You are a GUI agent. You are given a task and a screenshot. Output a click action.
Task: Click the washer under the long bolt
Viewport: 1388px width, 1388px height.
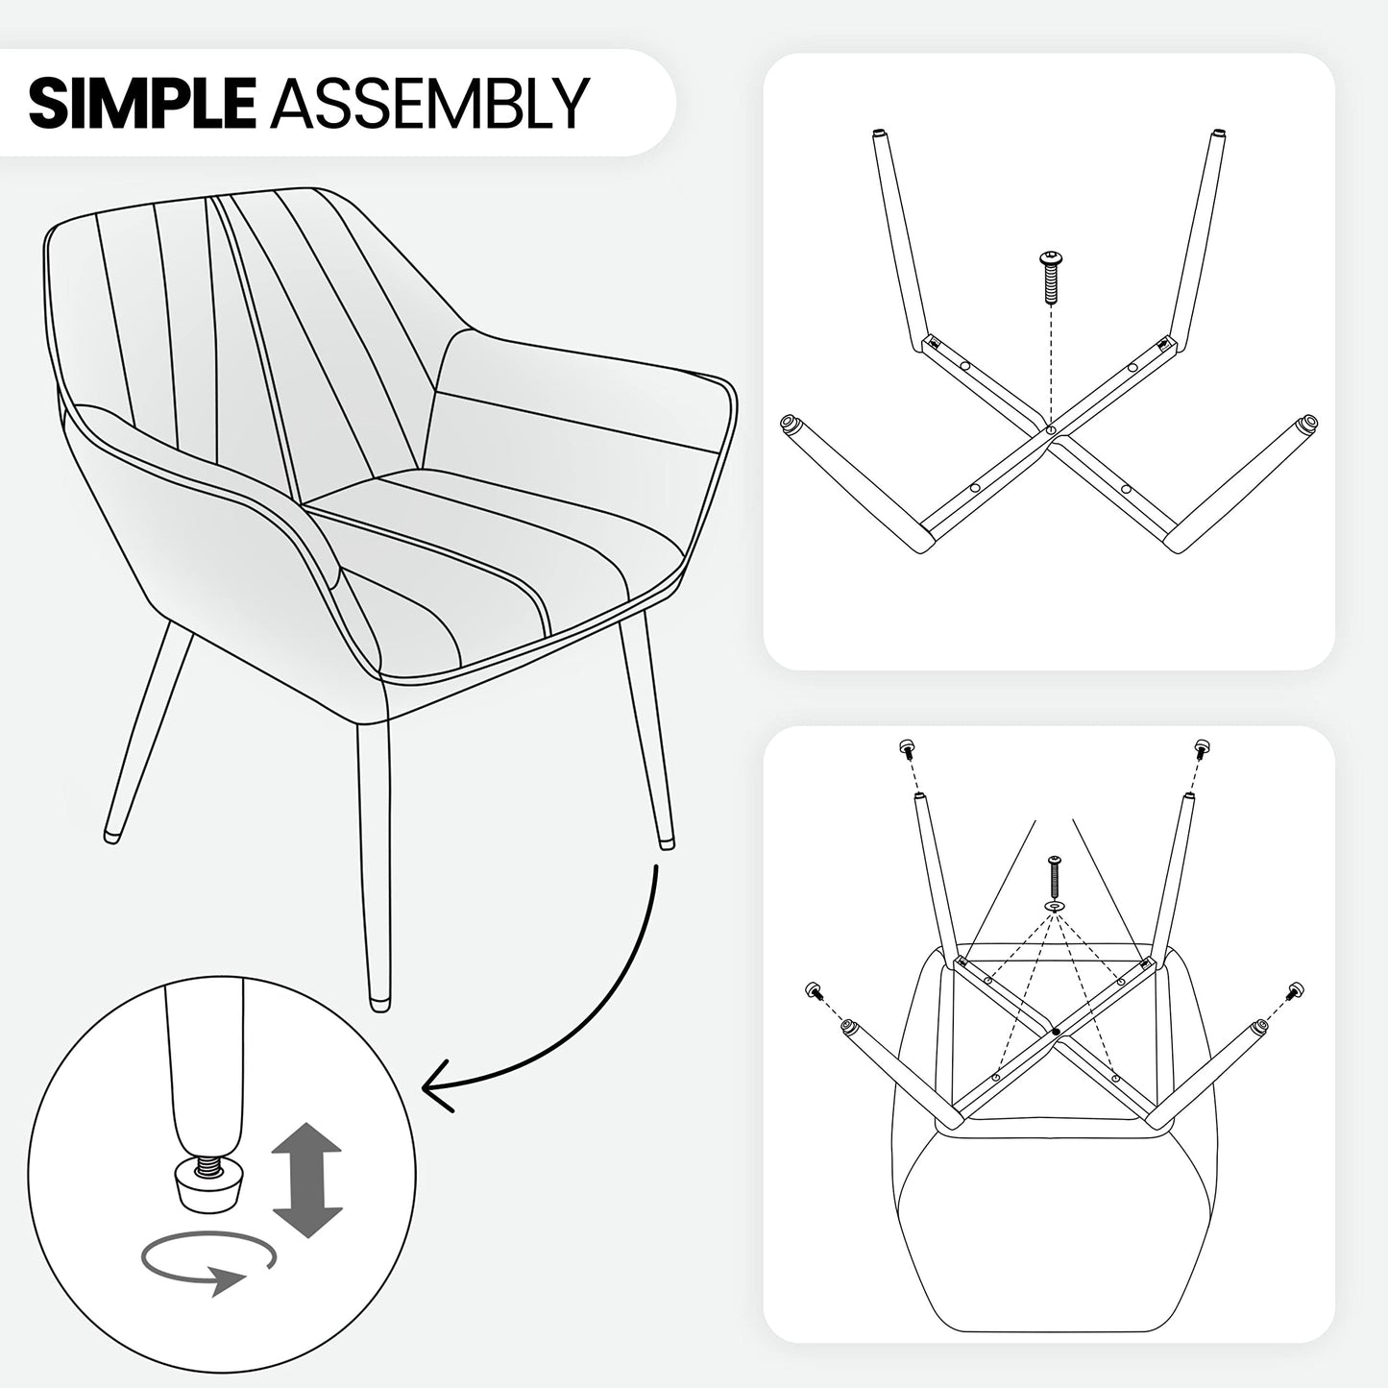point(1054,904)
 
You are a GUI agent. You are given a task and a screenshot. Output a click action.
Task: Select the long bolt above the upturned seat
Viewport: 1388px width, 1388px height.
point(1055,874)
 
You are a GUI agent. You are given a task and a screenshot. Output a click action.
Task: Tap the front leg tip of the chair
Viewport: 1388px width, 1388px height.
point(379,1003)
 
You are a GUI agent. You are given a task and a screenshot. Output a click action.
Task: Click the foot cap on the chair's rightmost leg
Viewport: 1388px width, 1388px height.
point(667,840)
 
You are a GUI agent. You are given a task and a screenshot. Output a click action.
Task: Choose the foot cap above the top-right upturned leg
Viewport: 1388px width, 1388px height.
point(1202,749)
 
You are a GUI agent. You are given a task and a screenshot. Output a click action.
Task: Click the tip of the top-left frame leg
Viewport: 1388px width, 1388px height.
point(880,134)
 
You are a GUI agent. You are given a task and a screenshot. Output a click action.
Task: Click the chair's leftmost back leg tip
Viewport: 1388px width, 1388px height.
point(110,837)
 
